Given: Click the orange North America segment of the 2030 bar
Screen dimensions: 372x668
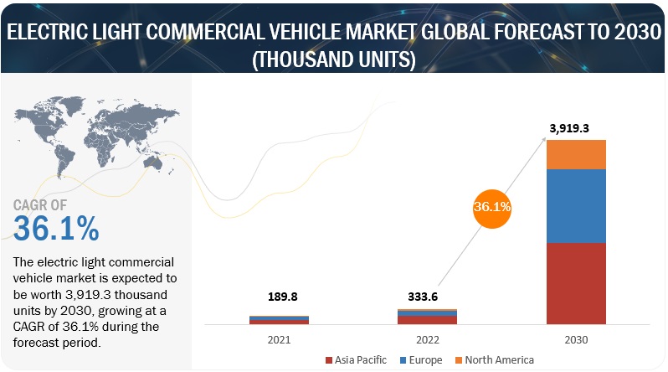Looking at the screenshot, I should click(575, 154).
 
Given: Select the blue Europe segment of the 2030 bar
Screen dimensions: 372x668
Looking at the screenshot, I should click(575, 205).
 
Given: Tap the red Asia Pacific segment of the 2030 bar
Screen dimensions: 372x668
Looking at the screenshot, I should click(575, 282).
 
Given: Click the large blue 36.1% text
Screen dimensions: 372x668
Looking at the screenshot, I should click(56, 229).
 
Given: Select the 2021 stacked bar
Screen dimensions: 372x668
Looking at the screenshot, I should click(279, 319).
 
